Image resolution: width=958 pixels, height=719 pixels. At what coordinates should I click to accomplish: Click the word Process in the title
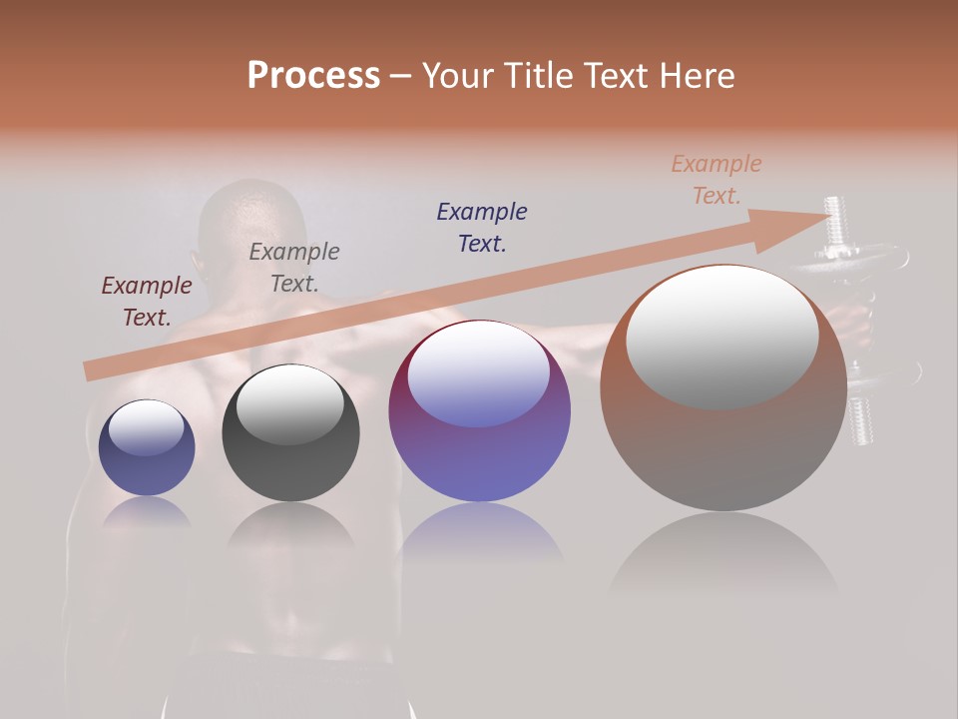[313, 76]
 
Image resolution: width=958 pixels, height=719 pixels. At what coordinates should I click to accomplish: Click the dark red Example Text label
[146, 302]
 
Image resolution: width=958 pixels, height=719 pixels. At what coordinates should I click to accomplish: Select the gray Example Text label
[293, 268]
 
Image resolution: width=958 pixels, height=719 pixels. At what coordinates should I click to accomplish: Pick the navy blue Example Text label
[481, 227]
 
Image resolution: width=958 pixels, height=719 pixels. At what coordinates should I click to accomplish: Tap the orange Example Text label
[716, 180]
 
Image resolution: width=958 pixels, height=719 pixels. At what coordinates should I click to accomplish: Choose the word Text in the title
[617, 76]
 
